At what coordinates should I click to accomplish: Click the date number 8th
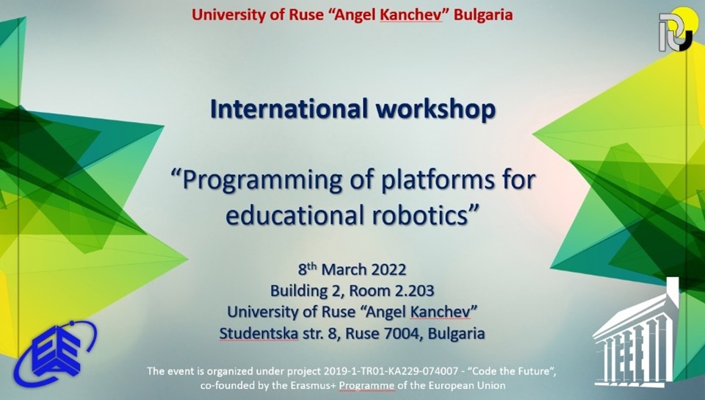coord(308,268)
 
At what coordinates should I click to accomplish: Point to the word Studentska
coord(258,333)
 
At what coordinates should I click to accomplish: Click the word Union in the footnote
coord(493,385)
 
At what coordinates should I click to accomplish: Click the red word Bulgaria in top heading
coord(483,15)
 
